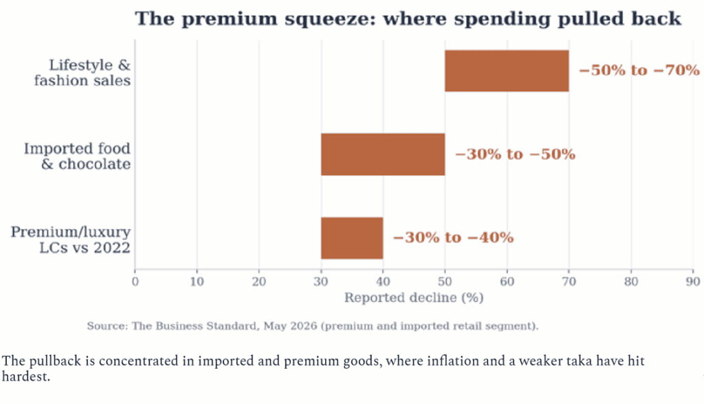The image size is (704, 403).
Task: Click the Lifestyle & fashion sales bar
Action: (507, 71)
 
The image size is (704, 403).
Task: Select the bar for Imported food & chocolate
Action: (383, 154)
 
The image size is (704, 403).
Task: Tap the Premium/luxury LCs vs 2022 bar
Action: (352, 238)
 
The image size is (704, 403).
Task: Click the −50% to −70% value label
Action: (639, 71)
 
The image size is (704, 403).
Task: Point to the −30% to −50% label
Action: (515, 154)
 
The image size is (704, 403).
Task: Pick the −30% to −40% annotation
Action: (453, 238)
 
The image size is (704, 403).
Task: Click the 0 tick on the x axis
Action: (135, 281)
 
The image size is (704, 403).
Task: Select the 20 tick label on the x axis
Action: (259, 281)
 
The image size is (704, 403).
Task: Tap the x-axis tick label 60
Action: (507, 281)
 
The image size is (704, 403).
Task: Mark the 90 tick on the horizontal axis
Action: (693, 281)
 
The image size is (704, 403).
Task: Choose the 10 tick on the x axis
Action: (197, 281)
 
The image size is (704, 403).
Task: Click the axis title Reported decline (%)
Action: (414, 298)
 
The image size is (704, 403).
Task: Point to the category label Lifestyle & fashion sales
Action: (82, 73)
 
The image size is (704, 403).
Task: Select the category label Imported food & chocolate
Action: (77, 157)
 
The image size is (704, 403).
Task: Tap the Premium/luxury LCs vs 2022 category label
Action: (71, 240)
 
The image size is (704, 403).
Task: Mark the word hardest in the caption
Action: (25, 376)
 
